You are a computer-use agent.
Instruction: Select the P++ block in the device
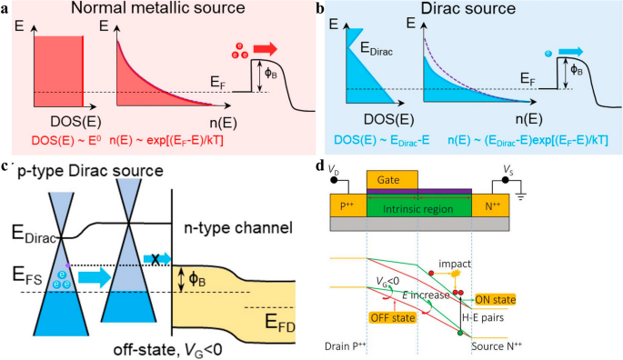349,205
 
